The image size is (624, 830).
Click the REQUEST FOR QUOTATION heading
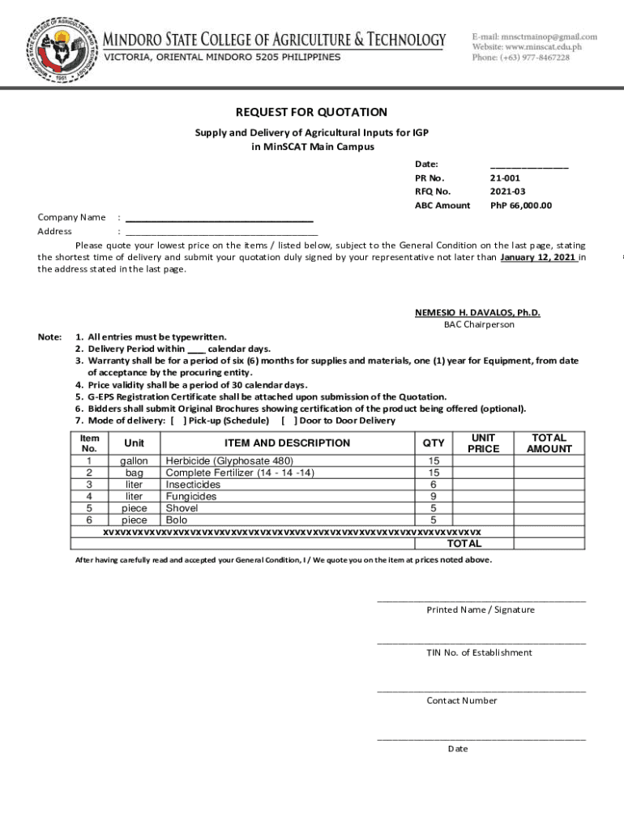click(x=311, y=113)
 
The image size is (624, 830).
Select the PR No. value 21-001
click(x=505, y=178)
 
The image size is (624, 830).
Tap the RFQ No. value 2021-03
click(x=506, y=191)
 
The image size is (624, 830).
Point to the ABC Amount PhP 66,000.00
click(x=520, y=205)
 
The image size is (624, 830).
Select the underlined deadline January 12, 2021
click(x=538, y=257)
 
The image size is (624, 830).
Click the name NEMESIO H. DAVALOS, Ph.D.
click(x=477, y=312)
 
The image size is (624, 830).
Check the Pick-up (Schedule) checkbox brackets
click(x=177, y=421)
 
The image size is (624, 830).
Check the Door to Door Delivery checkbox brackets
click(x=288, y=421)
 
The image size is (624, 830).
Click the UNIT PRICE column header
click(x=484, y=443)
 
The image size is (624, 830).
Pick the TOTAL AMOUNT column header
click(x=549, y=443)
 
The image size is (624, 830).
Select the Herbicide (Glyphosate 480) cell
click(x=229, y=461)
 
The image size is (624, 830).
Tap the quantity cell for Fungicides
click(x=434, y=496)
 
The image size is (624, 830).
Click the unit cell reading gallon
click(x=134, y=461)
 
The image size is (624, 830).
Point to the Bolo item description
click(x=177, y=520)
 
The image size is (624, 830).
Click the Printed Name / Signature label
click(x=481, y=610)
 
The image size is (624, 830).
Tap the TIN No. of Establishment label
click(x=480, y=652)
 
